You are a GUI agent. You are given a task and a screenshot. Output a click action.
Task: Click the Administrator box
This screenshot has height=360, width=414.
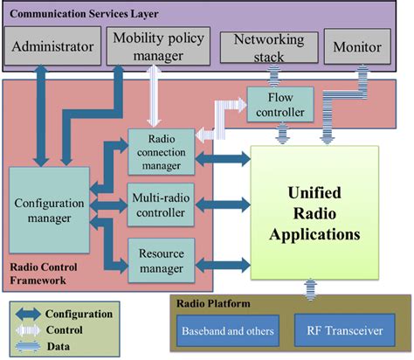pos(53,45)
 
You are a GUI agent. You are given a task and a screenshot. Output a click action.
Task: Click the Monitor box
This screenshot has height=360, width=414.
pos(359,45)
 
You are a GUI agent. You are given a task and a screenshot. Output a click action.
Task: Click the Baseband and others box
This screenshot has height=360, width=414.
pos(227,332)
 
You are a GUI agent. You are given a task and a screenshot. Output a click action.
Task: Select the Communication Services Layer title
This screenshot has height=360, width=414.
pos(90,13)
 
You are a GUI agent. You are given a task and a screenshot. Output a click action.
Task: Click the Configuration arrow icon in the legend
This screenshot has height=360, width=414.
pos(31,313)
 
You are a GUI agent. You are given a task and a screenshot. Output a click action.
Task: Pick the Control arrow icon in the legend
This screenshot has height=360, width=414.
pos(31,329)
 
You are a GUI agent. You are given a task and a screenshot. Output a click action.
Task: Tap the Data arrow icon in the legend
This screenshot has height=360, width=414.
pos(31,346)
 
